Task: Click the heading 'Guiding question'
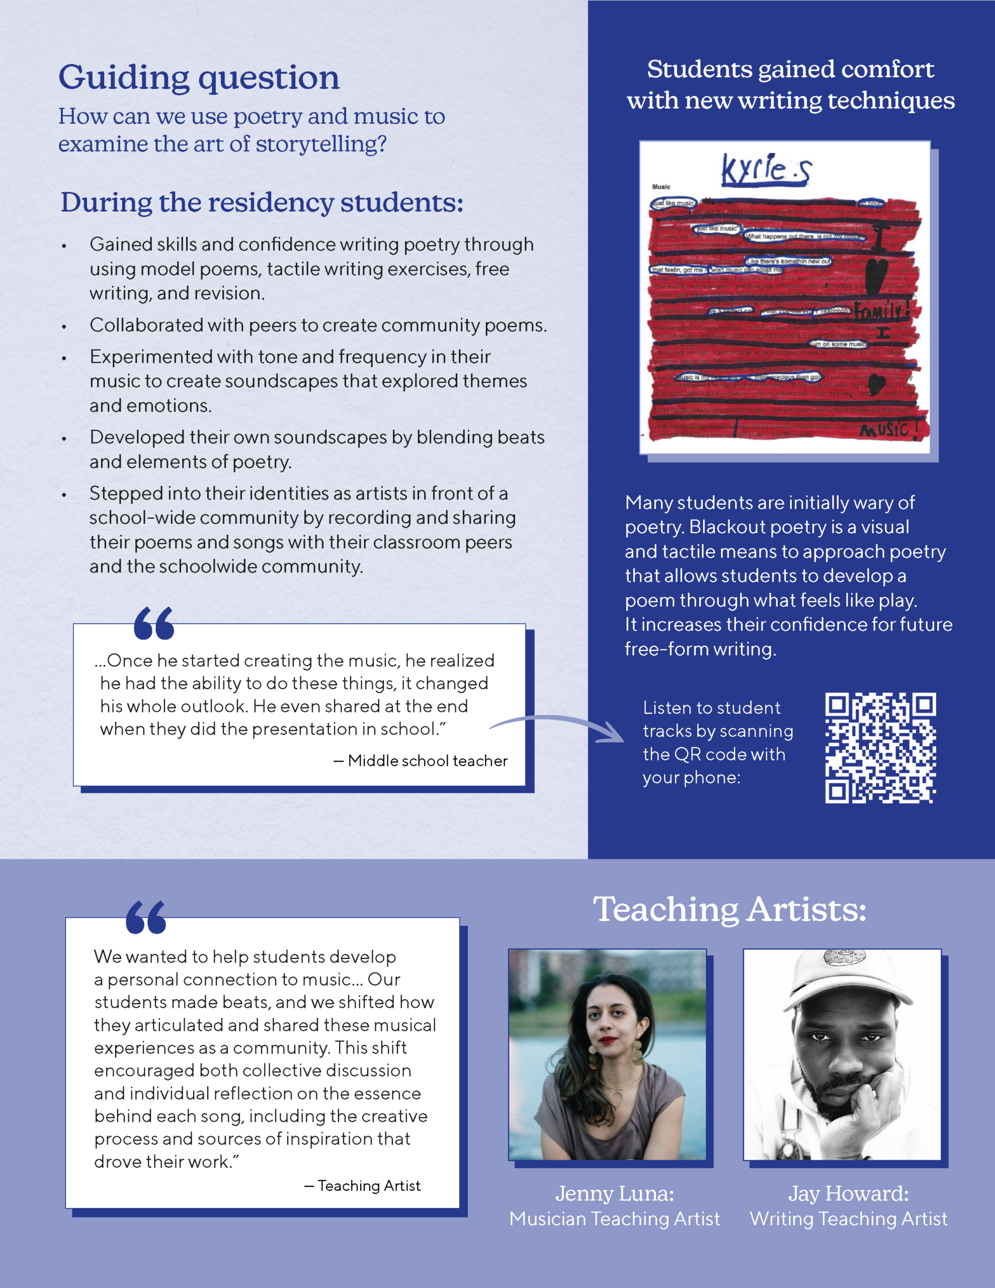[199, 77]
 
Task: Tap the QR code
[880, 747]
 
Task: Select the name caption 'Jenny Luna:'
[614, 1193]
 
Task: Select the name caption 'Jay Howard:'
[848, 1193]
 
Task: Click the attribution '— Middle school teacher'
[421, 761]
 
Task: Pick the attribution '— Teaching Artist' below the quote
[362, 1185]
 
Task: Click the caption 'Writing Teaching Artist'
[848, 1219]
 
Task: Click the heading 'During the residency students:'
[262, 202]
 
